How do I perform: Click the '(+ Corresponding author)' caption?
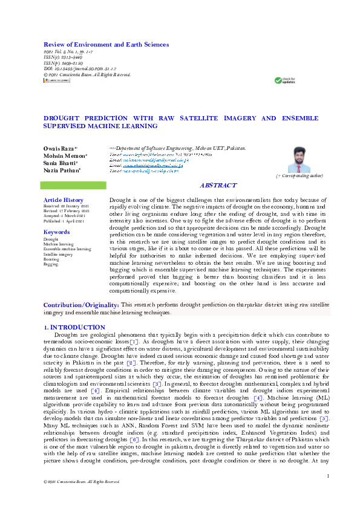pos(299,175)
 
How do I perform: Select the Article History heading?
pos(64,200)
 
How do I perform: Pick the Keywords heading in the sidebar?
pos(57,232)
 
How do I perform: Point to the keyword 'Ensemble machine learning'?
pos(67,249)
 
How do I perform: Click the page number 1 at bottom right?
pos(327,476)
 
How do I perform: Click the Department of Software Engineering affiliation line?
pos(177,148)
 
